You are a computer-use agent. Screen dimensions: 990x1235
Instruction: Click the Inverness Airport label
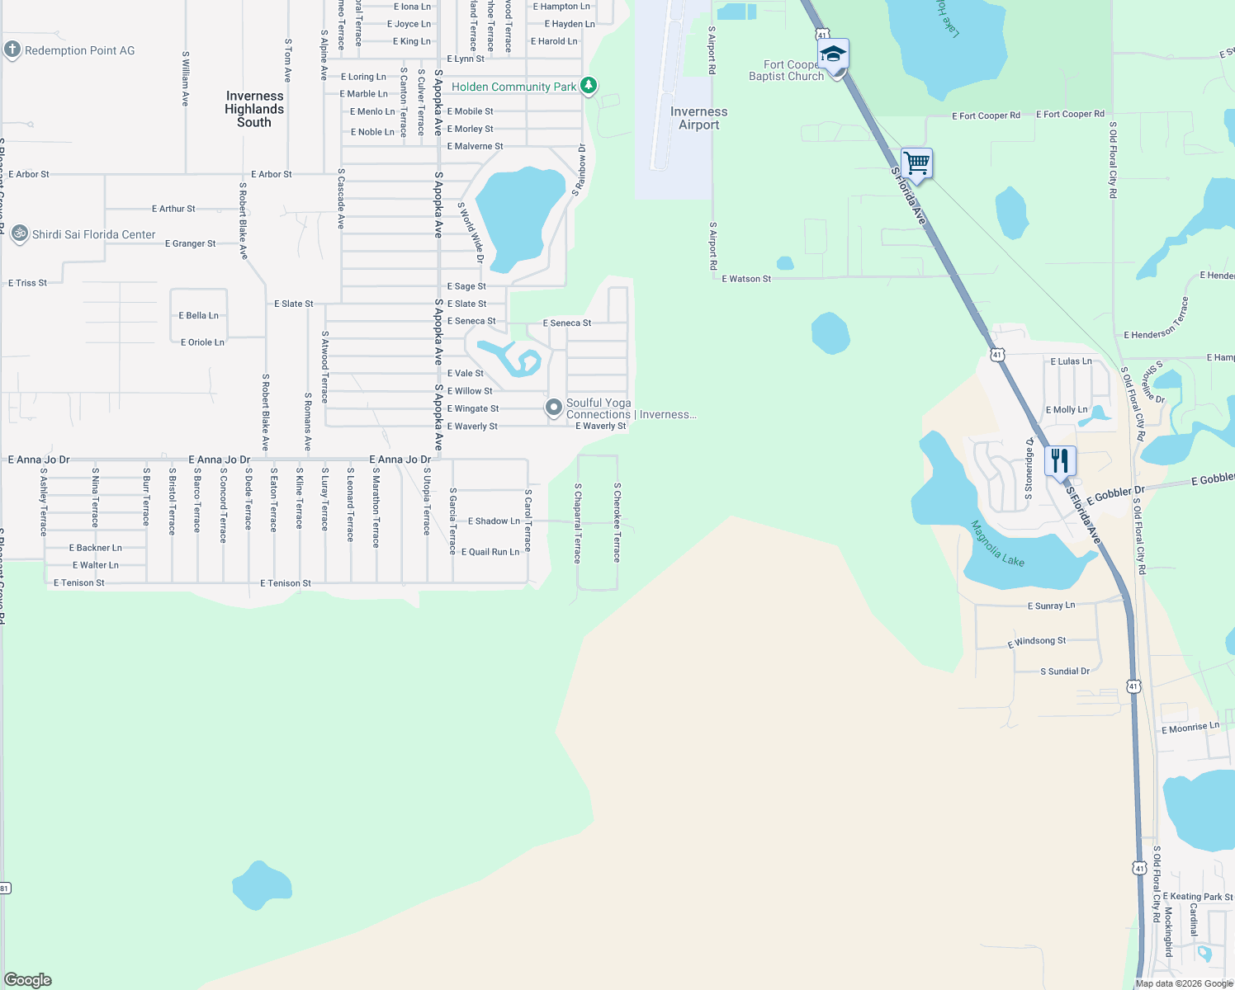click(698, 118)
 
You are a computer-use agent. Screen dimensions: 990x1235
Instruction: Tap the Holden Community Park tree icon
click(588, 86)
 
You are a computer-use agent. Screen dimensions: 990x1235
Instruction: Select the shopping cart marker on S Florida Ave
click(916, 163)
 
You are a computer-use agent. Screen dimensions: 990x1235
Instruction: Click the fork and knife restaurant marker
click(1060, 460)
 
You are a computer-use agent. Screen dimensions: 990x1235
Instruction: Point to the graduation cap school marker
click(833, 55)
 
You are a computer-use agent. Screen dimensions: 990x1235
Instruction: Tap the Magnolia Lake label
click(997, 544)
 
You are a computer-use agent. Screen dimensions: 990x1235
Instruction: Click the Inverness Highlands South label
click(254, 109)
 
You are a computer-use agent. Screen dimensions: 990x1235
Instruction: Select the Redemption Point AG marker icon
click(12, 49)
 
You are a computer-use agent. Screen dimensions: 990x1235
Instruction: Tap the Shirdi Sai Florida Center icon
click(20, 234)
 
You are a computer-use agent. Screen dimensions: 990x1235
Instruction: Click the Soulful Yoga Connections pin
click(554, 408)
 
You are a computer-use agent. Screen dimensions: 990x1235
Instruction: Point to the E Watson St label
click(746, 279)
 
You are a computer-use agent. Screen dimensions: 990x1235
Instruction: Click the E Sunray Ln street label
click(1051, 606)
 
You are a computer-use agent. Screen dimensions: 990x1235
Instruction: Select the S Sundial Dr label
click(1065, 672)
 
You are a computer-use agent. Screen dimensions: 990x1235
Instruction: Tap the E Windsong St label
click(1037, 641)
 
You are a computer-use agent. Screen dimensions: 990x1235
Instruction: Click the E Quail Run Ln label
click(490, 552)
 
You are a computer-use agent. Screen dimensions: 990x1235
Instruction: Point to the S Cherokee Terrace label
click(617, 522)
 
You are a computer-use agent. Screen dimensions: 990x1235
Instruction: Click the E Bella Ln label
click(199, 315)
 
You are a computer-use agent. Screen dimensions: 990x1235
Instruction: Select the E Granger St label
click(190, 243)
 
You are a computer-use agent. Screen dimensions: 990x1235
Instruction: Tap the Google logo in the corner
click(28, 980)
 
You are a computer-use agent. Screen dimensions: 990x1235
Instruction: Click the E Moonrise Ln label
click(1190, 728)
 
